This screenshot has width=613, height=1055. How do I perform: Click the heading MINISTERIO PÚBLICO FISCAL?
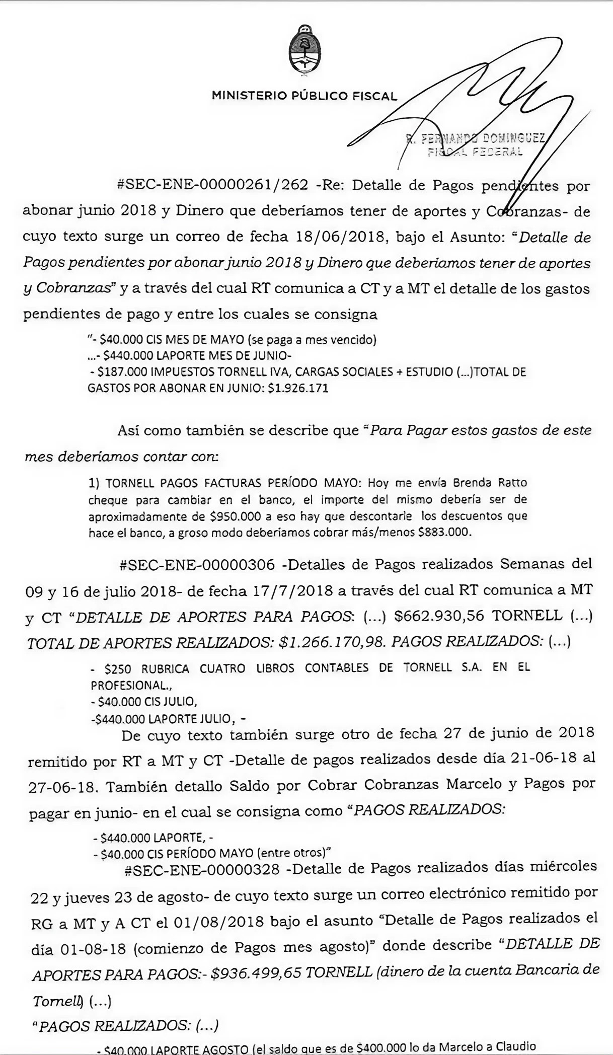click(x=304, y=96)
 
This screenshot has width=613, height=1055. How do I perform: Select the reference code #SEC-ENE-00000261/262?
click(x=212, y=185)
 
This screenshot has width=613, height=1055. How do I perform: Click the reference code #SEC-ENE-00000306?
click(x=197, y=564)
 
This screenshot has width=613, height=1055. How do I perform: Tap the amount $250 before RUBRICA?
click(x=118, y=669)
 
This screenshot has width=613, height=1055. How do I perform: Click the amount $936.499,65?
click(x=256, y=973)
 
